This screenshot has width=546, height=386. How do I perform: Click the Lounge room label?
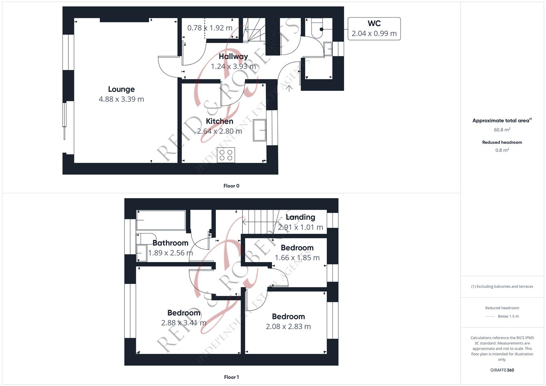coord(121,89)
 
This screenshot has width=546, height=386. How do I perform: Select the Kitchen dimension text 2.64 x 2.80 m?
coord(220,131)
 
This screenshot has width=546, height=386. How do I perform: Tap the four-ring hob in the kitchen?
coord(226,155)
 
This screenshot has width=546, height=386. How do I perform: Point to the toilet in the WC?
coord(318,29)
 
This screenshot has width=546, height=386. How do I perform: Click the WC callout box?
coord(374,29)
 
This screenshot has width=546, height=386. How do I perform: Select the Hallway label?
coord(233,56)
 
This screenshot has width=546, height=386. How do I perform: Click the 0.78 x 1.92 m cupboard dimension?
coord(210,28)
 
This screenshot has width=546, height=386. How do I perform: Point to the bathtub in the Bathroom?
coord(161,220)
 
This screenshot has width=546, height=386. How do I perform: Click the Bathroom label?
coord(170,243)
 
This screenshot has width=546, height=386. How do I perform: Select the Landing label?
coord(300,217)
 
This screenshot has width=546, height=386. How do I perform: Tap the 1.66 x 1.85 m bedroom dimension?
coord(297,258)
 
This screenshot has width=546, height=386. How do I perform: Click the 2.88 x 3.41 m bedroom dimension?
coord(184,323)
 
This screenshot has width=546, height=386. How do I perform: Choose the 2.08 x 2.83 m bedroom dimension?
coord(288,326)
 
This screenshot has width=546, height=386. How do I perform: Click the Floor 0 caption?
coord(231,186)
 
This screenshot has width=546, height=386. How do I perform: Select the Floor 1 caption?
coord(231,377)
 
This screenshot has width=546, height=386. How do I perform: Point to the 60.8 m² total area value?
coord(502,130)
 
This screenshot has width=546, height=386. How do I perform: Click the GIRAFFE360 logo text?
coord(502,370)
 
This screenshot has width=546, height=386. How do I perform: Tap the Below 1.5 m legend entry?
coord(508,316)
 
